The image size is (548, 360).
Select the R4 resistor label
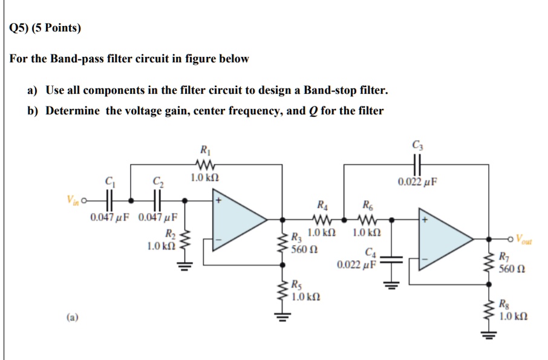pos(319,205)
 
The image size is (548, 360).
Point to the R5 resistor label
pos(297,286)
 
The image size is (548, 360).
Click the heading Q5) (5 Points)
pos(45,28)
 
